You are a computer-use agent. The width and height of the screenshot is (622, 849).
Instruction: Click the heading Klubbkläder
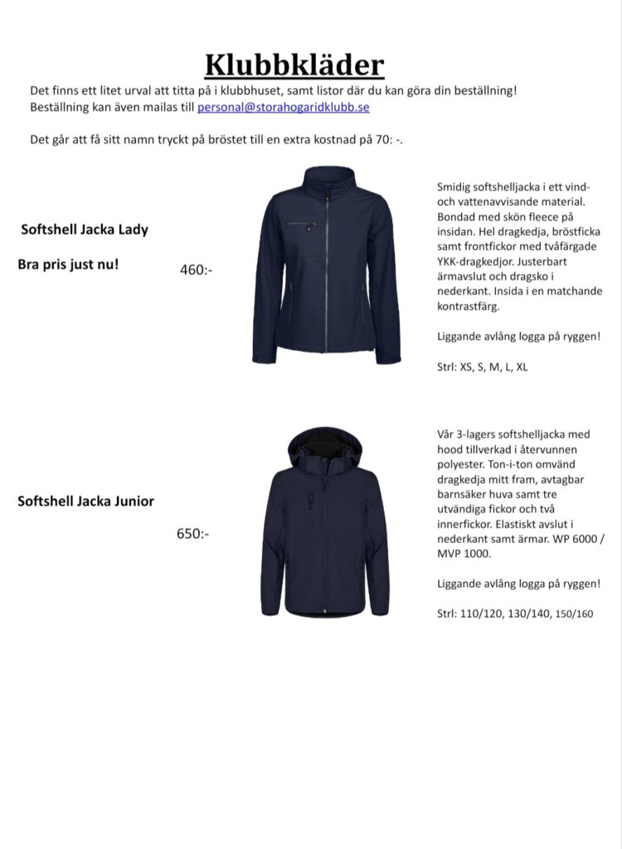[x=294, y=65]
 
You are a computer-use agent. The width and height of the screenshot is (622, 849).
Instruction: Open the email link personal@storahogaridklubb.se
[x=283, y=107]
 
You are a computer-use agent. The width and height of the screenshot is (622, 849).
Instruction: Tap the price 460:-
[x=196, y=269]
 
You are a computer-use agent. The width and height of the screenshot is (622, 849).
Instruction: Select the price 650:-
[x=192, y=533]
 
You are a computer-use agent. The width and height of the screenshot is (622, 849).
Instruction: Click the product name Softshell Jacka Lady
[x=85, y=230]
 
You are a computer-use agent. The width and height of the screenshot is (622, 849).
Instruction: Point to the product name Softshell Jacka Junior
[x=85, y=501]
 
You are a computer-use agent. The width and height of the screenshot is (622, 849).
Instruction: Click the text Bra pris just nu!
[x=68, y=265]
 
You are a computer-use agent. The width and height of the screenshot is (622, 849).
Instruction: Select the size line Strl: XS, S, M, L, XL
[x=482, y=367]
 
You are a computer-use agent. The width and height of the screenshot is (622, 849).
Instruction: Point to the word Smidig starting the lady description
[x=454, y=187]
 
